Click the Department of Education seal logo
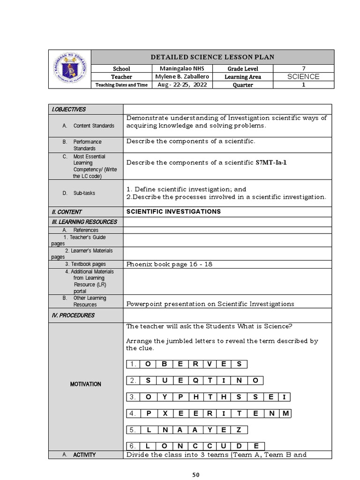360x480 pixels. click(69, 69)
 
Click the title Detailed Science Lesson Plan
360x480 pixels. click(212, 57)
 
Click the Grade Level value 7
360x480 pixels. click(304, 68)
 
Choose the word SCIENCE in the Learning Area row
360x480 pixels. click(304, 76)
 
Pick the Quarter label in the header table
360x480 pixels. click(242, 85)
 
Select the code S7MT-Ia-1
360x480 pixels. click(270, 163)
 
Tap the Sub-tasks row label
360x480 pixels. click(84, 193)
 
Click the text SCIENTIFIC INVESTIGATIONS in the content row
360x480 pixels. click(173, 211)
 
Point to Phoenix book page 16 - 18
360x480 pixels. click(169, 264)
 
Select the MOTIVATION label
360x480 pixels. click(85, 384)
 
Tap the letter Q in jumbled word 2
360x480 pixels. click(195, 381)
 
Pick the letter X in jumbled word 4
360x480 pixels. click(165, 413)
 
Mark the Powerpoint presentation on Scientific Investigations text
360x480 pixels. click(210, 304)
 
